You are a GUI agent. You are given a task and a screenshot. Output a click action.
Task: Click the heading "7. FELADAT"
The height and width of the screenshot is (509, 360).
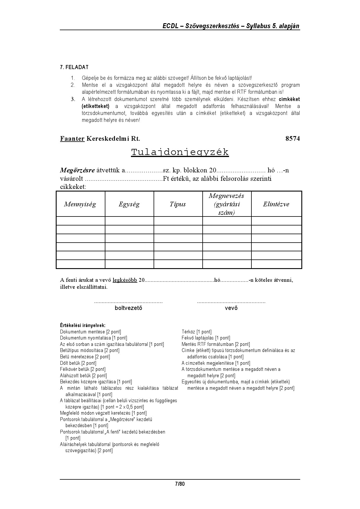pos(74,67)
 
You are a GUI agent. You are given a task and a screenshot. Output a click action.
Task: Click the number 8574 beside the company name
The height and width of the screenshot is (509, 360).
pos(292,138)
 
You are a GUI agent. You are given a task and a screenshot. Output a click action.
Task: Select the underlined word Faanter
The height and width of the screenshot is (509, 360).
pos(72,138)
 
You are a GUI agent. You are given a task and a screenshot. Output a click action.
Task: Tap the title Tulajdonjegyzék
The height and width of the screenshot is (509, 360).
pos(180,152)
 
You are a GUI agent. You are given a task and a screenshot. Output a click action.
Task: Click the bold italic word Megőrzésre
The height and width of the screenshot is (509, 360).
pos(77,170)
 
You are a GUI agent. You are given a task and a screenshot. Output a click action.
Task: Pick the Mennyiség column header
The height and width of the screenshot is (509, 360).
pos(80,204)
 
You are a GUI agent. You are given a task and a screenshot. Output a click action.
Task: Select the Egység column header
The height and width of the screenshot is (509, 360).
pos(129,204)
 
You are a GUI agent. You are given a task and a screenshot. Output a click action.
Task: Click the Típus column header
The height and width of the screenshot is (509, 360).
pos(178,204)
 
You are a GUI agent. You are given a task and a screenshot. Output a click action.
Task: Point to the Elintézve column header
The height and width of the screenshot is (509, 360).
pos(276,204)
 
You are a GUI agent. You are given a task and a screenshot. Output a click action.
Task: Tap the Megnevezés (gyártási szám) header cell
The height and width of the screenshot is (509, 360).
pos(226,204)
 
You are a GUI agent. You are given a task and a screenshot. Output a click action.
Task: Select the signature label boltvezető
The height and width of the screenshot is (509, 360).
pos(128,308)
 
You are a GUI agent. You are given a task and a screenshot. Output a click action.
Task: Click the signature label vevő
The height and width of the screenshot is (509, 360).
pos(231,308)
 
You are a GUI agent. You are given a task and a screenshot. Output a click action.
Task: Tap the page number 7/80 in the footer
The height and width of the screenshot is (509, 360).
pos(180,484)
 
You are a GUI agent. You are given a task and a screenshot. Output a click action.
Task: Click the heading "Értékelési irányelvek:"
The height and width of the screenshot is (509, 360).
pos(83,325)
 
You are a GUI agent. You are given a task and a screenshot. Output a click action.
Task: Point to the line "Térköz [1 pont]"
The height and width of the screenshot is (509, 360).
pos(197,332)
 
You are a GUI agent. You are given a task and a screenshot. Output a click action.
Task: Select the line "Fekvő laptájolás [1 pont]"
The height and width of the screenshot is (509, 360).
pos(206,338)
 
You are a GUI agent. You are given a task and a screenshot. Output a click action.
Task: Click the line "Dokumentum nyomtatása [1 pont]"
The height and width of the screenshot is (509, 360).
pos(93,338)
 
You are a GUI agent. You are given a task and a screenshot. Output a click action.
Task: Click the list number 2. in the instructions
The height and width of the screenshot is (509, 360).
pos(73,85)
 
